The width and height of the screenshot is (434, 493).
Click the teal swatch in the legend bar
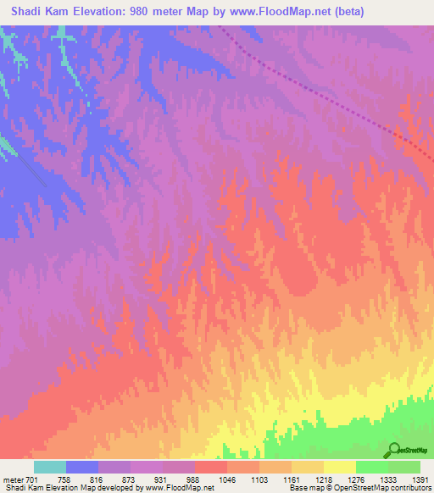pos(50,467)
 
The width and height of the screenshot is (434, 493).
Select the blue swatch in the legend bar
pos(82,467)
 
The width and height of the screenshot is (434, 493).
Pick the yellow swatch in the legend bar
pos(339,467)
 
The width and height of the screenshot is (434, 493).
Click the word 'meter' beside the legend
pos(14,479)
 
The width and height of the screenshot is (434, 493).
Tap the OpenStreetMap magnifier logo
pos(393,450)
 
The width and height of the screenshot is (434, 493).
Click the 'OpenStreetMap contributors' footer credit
pos(389,488)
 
